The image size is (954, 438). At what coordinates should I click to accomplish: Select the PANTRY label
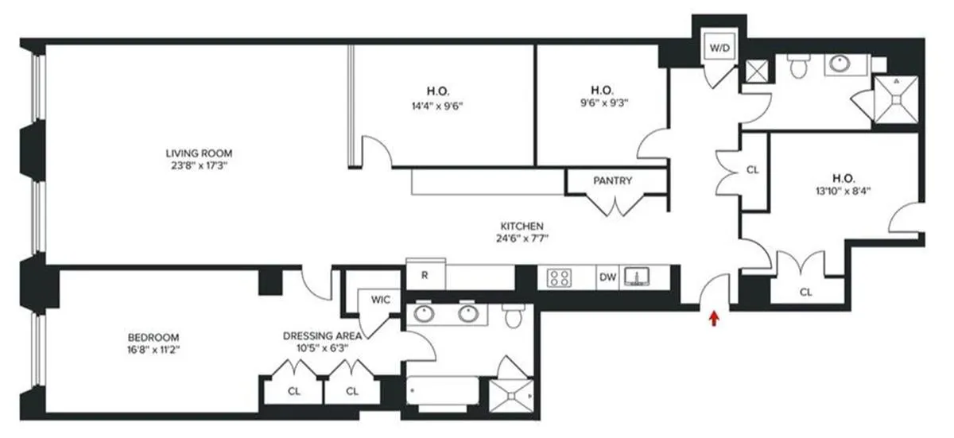pyautogui.click(x=612, y=181)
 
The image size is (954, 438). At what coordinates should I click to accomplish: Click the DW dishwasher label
pyautogui.click(x=607, y=277)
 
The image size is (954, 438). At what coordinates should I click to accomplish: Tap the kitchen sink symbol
pyautogui.click(x=636, y=277)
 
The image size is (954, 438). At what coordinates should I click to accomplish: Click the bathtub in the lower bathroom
pyautogui.click(x=443, y=392)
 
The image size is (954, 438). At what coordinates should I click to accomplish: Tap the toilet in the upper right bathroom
pyautogui.click(x=797, y=68)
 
